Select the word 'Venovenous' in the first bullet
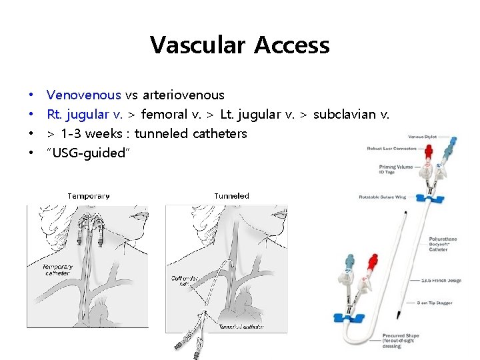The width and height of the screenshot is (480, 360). pyautogui.click(x=84, y=95)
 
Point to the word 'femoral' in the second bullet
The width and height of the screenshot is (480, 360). pyautogui.click(x=164, y=114)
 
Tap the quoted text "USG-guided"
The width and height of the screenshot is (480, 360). pyautogui.click(x=89, y=153)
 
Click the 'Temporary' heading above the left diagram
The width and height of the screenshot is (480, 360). pyautogui.click(x=89, y=196)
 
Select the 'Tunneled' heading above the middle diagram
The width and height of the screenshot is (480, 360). pyautogui.click(x=231, y=196)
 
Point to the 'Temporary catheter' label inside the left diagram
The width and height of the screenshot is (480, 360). pyautogui.click(x=57, y=269)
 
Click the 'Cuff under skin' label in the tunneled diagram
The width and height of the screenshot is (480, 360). pyautogui.click(x=183, y=281)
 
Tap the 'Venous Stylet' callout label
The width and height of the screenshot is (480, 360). pyautogui.click(x=421, y=137)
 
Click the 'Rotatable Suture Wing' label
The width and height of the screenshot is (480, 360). pyautogui.click(x=382, y=197)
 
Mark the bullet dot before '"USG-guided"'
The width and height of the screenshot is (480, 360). pyautogui.click(x=31, y=153)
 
